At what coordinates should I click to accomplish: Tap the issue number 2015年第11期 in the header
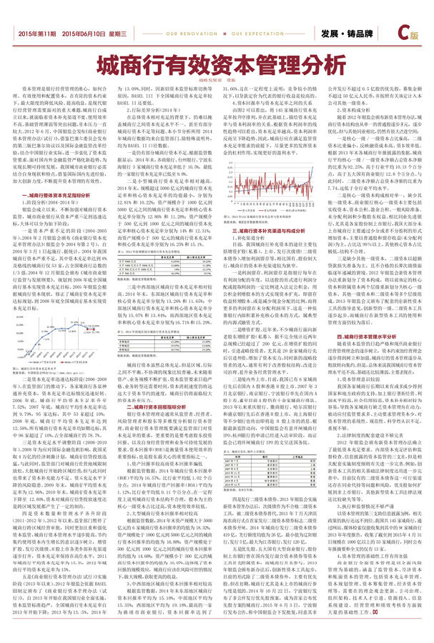[37, 34]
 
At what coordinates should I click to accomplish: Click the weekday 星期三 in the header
[117, 34]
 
